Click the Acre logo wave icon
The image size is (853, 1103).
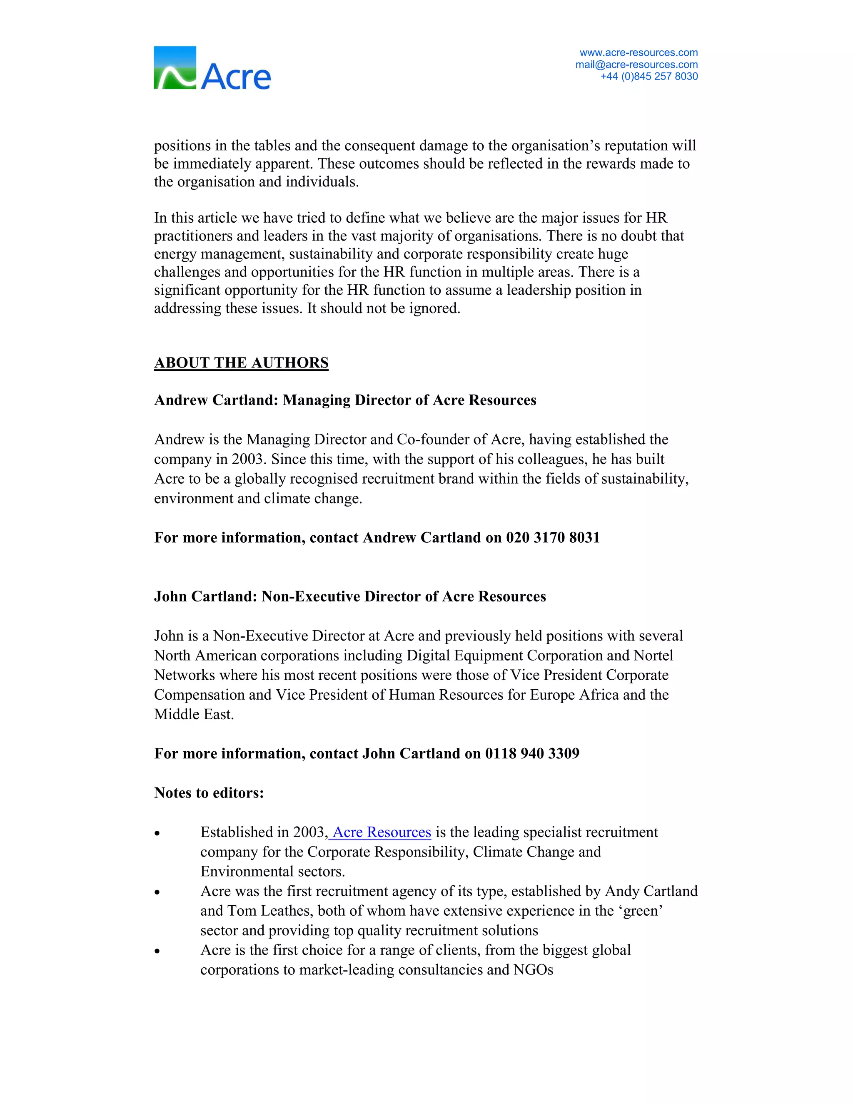click(175, 68)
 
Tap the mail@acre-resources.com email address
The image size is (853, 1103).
click(636, 65)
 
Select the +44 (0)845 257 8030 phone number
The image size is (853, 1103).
click(649, 76)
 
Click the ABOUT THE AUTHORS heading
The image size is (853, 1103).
click(241, 363)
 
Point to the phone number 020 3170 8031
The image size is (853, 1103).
click(553, 537)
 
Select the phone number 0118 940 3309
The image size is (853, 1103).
click(532, 753)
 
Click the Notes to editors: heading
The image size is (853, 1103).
click(209, 793)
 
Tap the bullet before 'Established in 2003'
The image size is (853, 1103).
click(157, 834)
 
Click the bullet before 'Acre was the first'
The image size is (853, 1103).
click(157, 893)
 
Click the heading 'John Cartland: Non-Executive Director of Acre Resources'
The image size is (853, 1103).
click(350, 596)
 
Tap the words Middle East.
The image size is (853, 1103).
click(194, 715)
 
